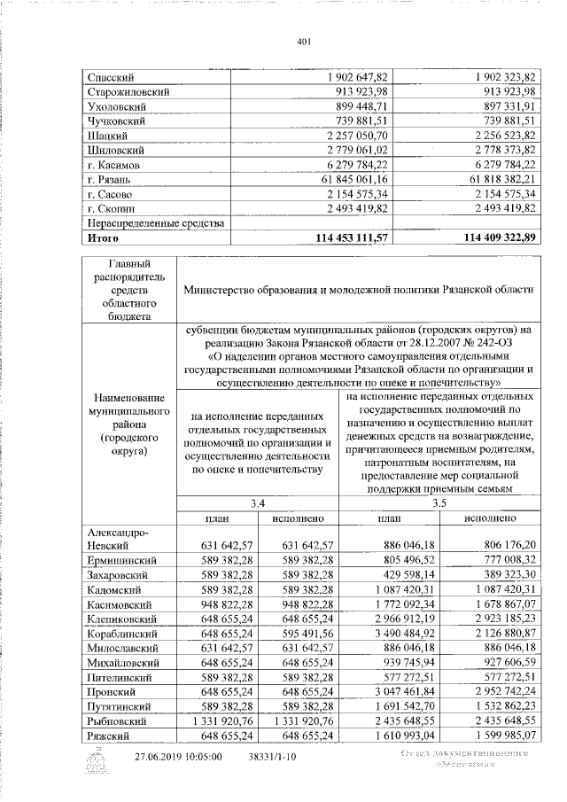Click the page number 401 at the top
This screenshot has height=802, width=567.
303,42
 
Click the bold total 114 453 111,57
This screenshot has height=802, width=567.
340,238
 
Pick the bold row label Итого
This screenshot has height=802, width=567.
103,238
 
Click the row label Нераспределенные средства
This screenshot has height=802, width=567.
151,223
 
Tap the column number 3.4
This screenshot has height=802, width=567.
258,502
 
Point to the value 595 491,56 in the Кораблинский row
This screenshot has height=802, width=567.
300,635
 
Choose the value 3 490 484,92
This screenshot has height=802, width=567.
393,635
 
